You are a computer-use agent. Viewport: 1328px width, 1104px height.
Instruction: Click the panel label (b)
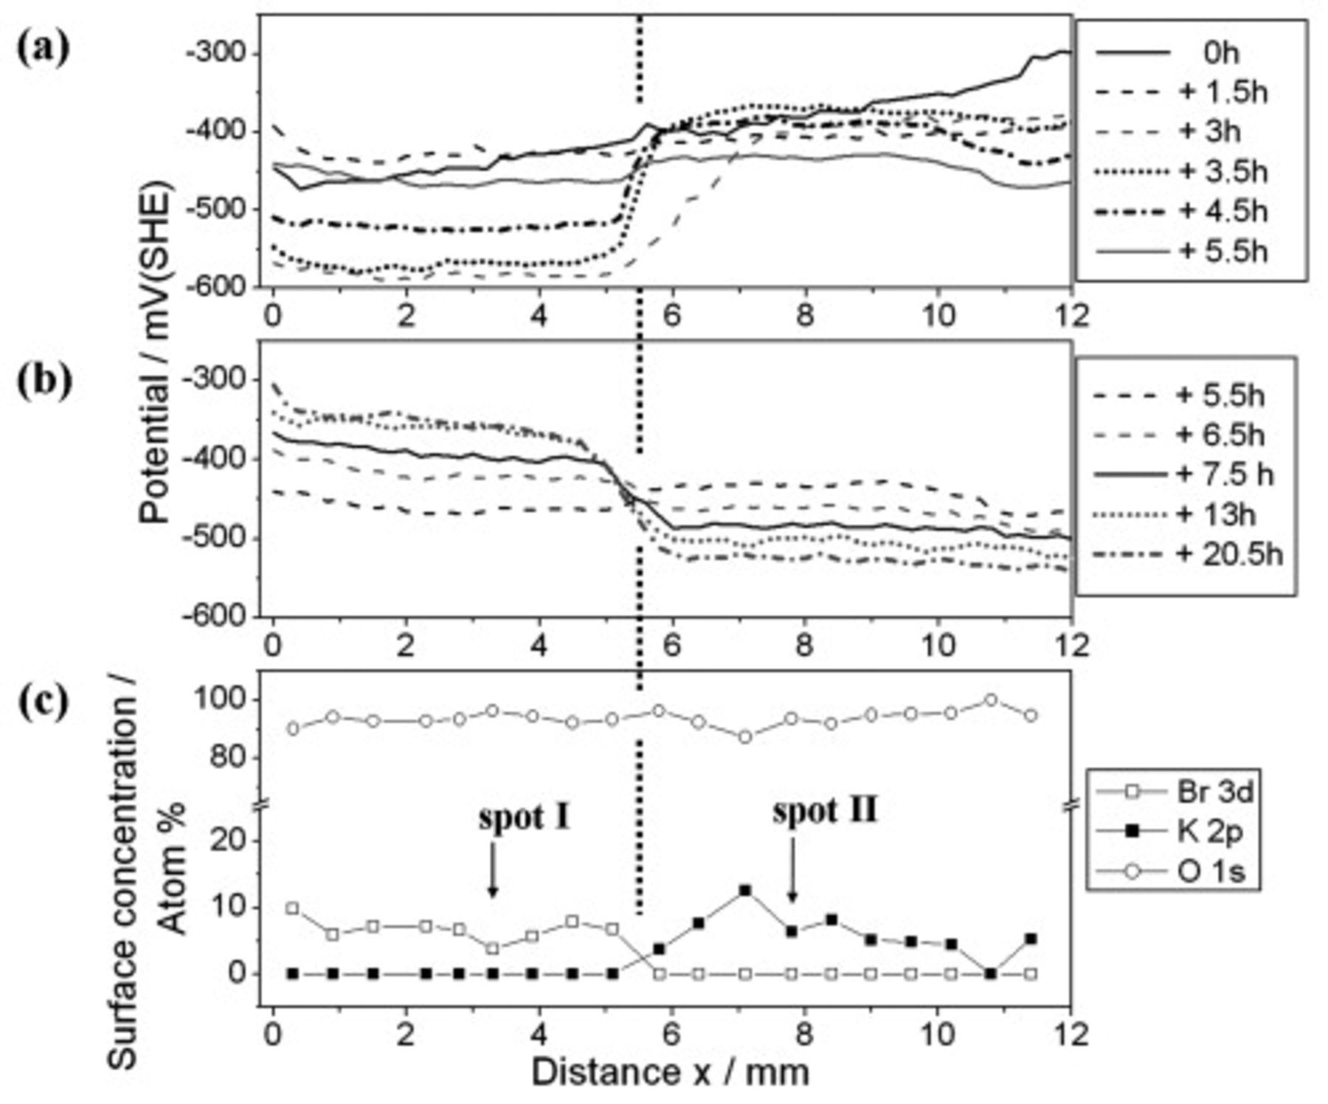pyautogui.click(x=44, y=382)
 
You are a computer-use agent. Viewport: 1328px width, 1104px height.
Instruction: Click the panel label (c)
pyautogui.click(x=44, y=701)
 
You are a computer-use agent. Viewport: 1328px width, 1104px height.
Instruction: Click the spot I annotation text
pyautogui.click(x=525, y=818)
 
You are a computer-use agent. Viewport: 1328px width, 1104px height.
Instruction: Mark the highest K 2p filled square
pyautogui.click(x=745, y=891)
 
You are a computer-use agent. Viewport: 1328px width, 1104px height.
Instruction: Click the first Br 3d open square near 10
pyautogui.click(x=292, y=908)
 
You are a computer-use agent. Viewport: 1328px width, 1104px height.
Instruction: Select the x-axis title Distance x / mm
pyautogui.click(x=670, y=1072)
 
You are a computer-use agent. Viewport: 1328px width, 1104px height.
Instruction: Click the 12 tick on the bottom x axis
pyautogui.click(x=1072, y=1035)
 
